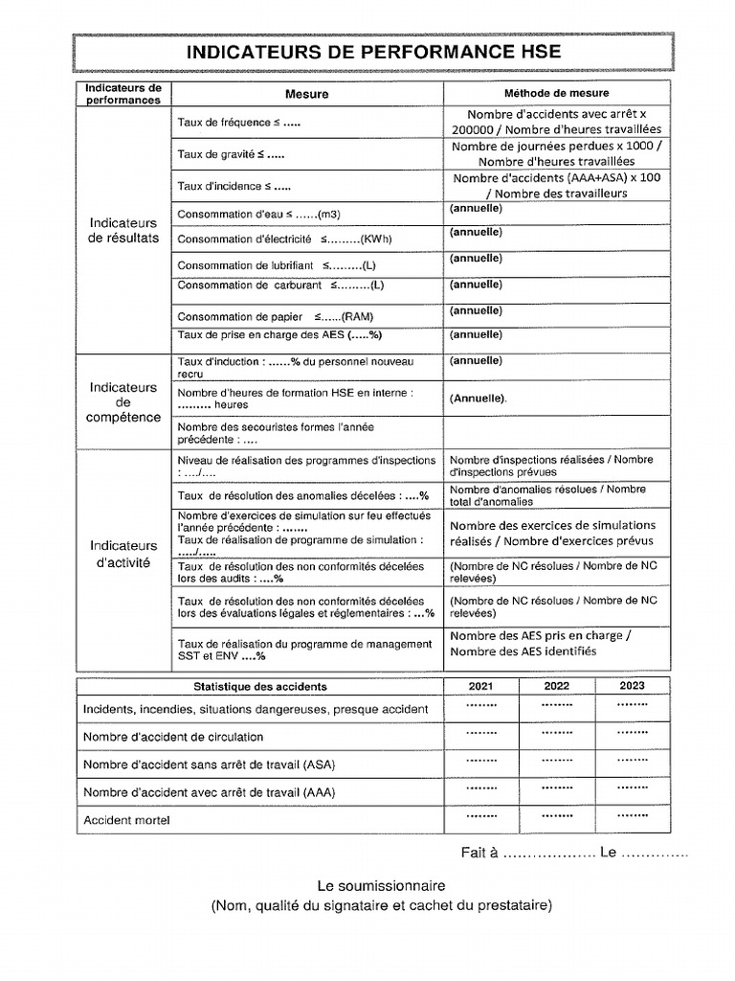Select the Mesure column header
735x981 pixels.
pyautogui.click(x=306, y=94)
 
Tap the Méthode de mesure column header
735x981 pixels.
pyautogui.click(x=556, y=93)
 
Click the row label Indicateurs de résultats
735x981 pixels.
pyautogui.click(x=123, y=230)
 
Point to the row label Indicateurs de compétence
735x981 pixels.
pyautogui.click(x=123, y=401)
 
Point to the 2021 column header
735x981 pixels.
pyautogui.click(x=481, y=686)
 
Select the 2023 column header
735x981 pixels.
pyautogui.click(x=631, y=686)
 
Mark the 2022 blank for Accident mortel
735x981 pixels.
pyautogui.click(x=556, y=817)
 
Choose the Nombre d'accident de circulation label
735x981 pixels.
pyautogui.click(x=173, y=737)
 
